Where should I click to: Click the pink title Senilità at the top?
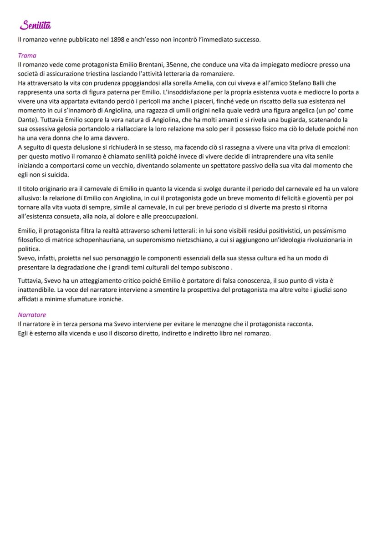click(35, 25)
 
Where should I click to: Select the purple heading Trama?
click(27, 56)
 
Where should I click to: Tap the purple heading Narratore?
click(32, 315)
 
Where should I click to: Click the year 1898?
click(118, 40)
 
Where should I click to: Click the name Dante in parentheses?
click(27, 120)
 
